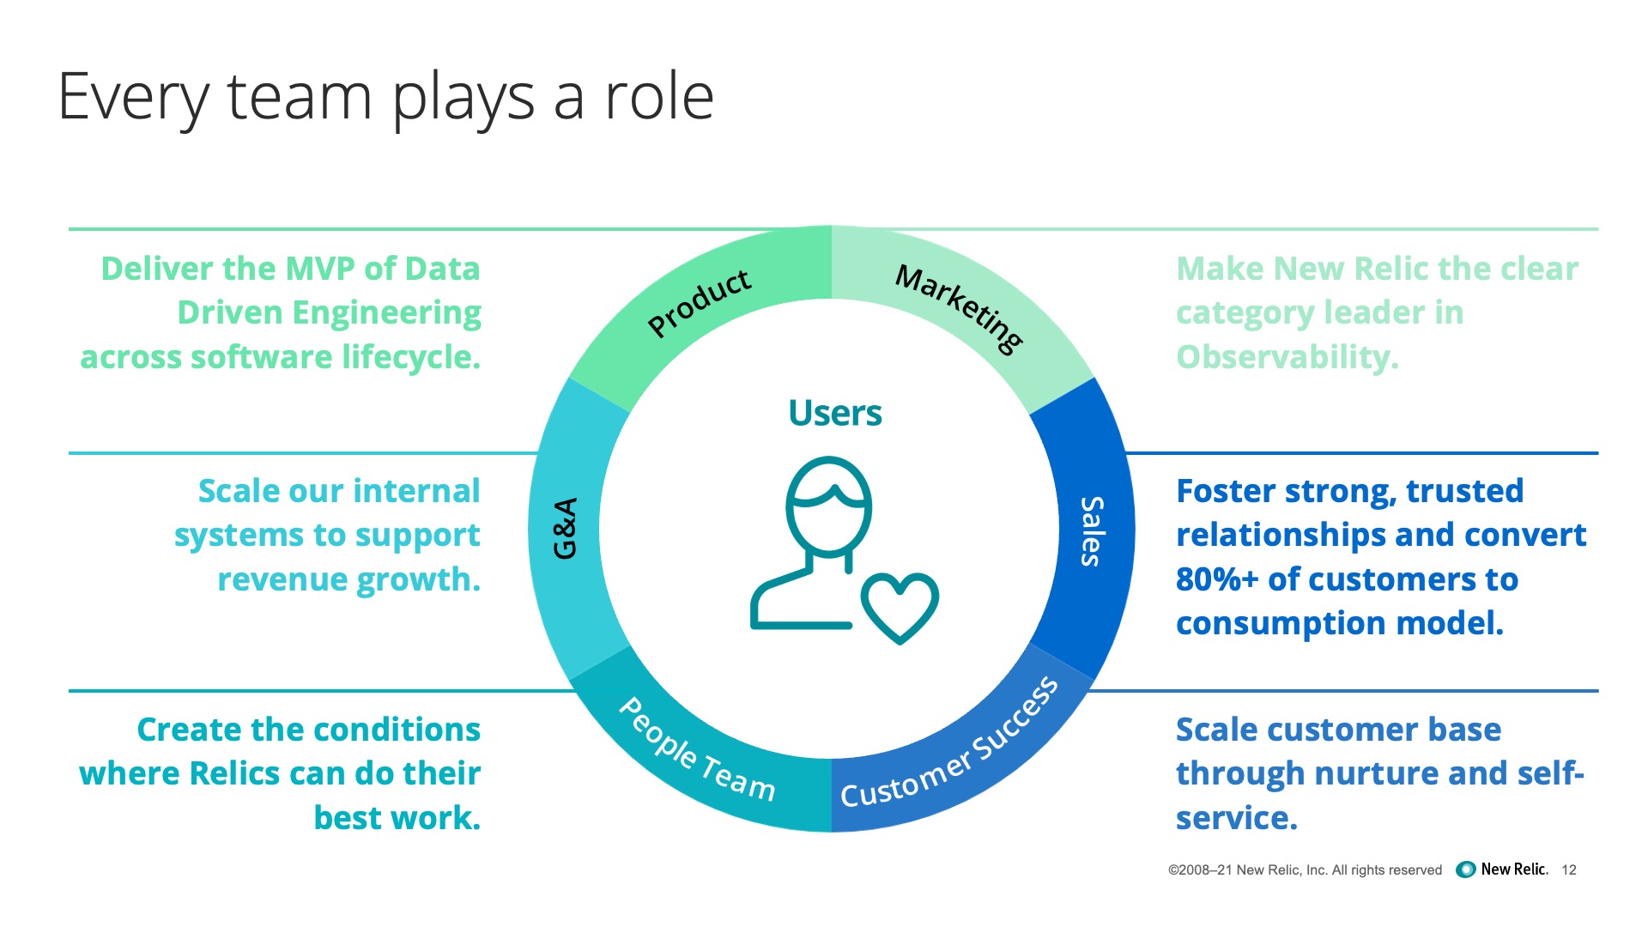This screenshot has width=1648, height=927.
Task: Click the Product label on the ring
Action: pos(700,302)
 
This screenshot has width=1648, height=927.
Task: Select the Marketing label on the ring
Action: pos(960,307)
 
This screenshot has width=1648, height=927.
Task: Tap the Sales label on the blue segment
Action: pos(1092,531)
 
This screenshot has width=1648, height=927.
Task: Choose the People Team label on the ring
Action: pos(696,750)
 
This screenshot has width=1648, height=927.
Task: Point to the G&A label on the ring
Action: pos(565,529)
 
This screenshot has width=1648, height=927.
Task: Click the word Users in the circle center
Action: pos(834,413)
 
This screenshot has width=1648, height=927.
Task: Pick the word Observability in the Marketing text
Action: pos(1287,357)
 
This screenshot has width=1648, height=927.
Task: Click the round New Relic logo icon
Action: pos(1466,869)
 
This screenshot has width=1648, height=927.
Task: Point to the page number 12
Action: pos(1569,870)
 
